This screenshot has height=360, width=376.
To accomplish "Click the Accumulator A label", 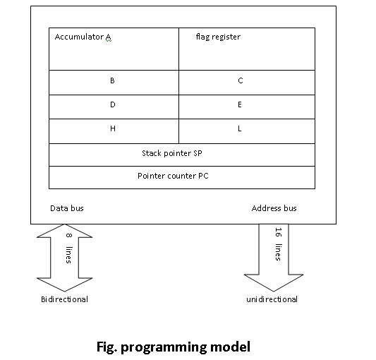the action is [83, 37].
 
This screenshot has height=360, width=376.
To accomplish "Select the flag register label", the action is [218, 37].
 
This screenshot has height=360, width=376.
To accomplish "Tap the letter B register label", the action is [112, 80].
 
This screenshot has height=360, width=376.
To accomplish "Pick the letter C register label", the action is [241, 80].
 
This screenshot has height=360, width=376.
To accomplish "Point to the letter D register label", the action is [113, 104].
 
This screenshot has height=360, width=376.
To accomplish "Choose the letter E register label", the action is [240, 104].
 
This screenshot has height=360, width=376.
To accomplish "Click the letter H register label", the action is [113, 128].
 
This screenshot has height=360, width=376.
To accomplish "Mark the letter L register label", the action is [240, 128].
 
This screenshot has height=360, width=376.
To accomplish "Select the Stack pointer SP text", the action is [172, 153].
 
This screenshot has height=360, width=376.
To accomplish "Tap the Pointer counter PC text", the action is [173, 176].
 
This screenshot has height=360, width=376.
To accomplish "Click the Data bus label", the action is [67, 208].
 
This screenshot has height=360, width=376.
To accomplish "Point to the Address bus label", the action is [274, 208].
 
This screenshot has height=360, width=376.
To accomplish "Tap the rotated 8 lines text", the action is [68, 248].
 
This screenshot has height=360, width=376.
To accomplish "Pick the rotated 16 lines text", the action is [279, 244].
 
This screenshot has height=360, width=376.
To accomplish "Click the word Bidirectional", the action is [64, 299].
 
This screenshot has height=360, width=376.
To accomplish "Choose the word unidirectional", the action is [272, 299].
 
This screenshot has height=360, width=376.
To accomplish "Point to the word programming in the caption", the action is [163, 348].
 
